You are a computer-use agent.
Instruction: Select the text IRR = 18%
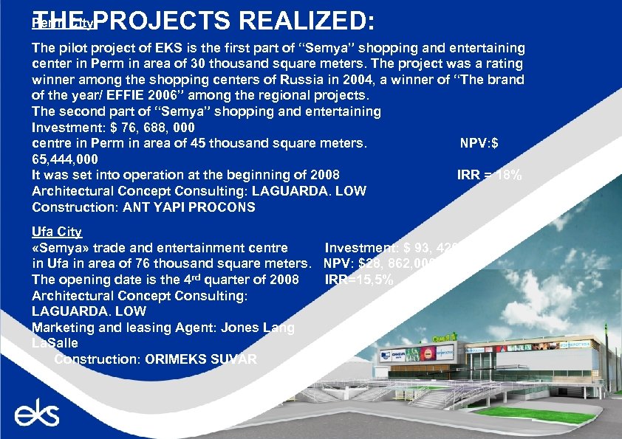[490, 176]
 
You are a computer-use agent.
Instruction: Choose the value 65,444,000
[64, 159]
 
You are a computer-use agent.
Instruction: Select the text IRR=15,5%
[358, 280]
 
